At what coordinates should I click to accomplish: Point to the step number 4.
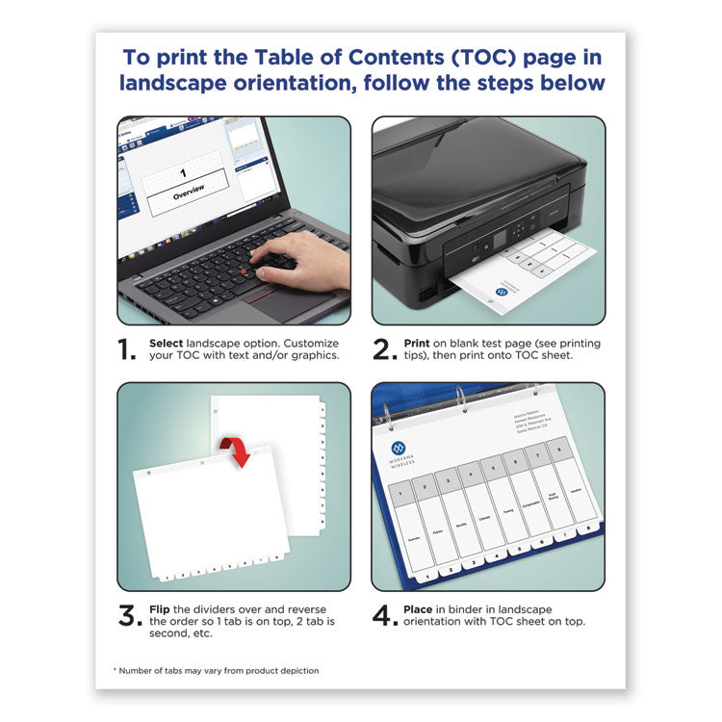(x=385, y=616)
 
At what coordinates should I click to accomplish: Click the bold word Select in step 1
(x=168, y=343)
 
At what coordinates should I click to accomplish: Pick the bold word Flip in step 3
(x=162, y=609)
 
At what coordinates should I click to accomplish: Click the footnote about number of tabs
(x=217, y=670)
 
